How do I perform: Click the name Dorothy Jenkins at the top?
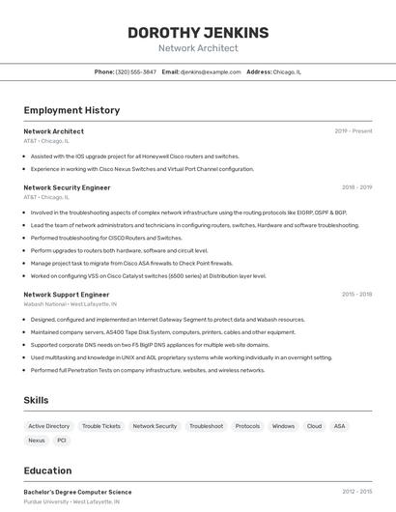click(198, 32)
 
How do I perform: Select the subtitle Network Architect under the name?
click(198, 48)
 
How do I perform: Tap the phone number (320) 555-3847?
click(135, 71)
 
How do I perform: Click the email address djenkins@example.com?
click(211, 71)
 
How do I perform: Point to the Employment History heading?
click(71, 110)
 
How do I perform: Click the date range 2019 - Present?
click(354, 131)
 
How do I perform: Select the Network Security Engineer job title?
click(67, 187)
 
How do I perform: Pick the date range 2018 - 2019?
click(356, 187)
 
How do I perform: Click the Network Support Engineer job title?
click(66, 294)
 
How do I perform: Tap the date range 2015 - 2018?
click(356, 294)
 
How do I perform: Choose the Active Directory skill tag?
click(49, 426)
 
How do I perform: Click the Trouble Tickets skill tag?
click(101, 426)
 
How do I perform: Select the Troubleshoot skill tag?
click(206, 426)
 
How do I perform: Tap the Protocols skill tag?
click(247, 426)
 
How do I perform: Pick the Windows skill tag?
click(283, 426)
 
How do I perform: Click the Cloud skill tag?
click(314, 426)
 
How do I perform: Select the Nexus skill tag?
click(37, 441)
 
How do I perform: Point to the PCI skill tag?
click(62, 441)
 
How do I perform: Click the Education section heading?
click(47, 470)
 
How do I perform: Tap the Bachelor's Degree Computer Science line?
click(77, 492)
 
